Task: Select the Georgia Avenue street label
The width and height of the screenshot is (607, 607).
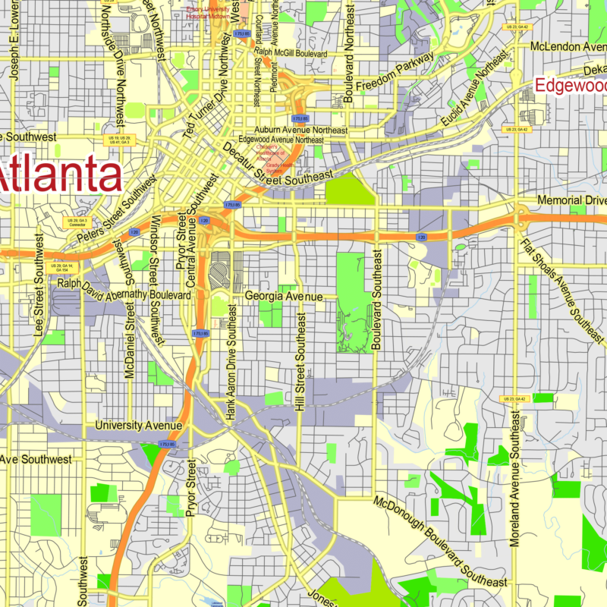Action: [284, 297]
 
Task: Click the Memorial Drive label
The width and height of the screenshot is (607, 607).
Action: [571, 201]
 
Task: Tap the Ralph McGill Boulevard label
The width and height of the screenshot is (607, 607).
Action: [291, 54]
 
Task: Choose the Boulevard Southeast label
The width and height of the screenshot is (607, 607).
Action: [376, 299]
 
